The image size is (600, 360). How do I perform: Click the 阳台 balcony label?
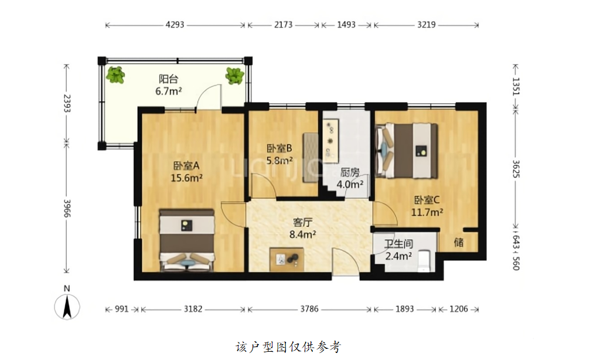point(168,79)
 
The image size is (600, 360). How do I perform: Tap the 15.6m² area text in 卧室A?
point(186,178)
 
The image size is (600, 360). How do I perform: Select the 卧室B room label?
point(279,148)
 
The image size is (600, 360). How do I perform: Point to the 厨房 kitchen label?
point(350,173)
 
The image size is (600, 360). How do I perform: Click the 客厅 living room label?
point(303,222)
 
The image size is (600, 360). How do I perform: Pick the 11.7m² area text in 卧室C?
point(427,212)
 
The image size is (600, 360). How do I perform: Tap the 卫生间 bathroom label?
point(398,243)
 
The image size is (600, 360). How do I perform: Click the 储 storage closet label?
point(459,242)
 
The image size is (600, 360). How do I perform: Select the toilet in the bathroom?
point(425,260)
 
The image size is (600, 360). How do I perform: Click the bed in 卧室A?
point(187,240)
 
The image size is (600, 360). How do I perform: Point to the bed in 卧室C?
point(407,151)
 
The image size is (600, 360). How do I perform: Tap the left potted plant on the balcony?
point(115,75)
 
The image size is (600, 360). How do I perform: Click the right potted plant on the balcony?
point(234,76)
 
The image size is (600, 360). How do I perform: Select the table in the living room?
point(287,259)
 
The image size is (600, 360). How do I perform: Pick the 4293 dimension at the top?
point(175,25)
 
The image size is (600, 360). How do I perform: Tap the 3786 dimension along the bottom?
point(309,309)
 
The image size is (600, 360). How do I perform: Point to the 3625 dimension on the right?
point(516,169)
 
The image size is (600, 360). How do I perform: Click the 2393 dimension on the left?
point(67,103)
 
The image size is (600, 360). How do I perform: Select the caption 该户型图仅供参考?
point(288,347)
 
